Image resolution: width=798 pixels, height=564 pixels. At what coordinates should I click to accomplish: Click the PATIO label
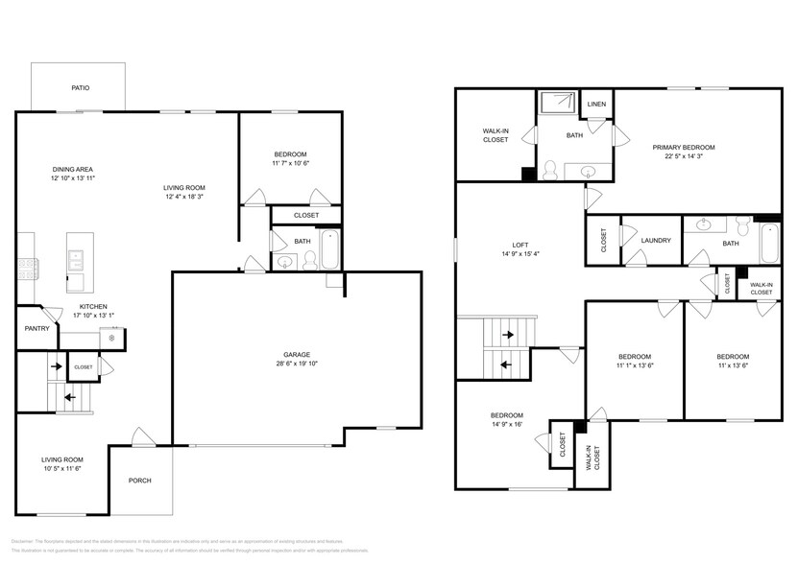pos(81,88)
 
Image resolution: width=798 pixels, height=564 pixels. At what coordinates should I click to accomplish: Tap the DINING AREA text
pos(72,170)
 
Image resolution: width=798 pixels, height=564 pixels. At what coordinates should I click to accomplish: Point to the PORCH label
pos(140,481)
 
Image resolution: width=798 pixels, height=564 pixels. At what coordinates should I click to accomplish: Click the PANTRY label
pos(37,328)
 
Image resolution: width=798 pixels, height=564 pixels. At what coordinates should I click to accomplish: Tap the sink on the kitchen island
pos(74,258)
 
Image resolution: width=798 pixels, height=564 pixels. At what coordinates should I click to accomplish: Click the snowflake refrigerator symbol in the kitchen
pos(112,337)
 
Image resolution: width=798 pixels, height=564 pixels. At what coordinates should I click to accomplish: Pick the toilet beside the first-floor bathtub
pos(309,259)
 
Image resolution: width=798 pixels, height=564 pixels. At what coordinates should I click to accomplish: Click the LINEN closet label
pos(596,104)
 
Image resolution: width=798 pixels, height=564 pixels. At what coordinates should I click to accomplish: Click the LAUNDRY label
pos(655,242)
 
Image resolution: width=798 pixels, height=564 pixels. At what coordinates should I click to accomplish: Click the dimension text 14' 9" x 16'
pos(506,425)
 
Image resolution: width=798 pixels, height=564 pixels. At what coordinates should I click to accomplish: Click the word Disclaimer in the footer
pos(23,541)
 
